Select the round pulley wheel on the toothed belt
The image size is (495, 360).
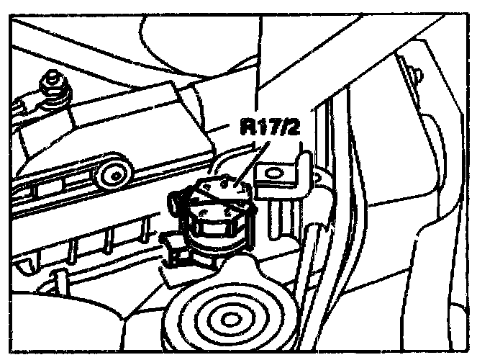114,174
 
